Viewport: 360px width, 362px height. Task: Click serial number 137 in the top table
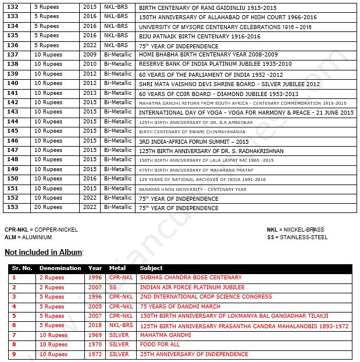click(x=12, y=55)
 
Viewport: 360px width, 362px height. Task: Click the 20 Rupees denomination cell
click(x=48, y=208)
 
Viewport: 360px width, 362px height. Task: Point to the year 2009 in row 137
click(x=90, y=55)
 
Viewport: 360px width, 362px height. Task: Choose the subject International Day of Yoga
click(x=246, y=112)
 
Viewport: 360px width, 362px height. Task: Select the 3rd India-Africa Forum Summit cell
click(x=194, y=141)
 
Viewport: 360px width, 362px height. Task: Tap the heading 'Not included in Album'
click(x=44, y=252)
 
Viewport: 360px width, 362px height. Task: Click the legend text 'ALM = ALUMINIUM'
click(x=28, y=237)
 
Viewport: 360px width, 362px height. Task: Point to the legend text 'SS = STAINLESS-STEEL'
click(x=297, y=237)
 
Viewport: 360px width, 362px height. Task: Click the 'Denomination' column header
click(x=60, y=268)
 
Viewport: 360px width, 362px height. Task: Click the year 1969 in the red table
click(x=95, y=335)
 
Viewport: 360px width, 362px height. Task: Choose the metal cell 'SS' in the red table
click(x=113, y=288)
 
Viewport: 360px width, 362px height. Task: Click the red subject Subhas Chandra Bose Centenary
click(x=191, y=278)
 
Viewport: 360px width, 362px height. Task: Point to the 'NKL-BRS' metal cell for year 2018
click(x=121, y=326)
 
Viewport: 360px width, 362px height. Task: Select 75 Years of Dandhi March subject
click(x=180, y=307)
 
